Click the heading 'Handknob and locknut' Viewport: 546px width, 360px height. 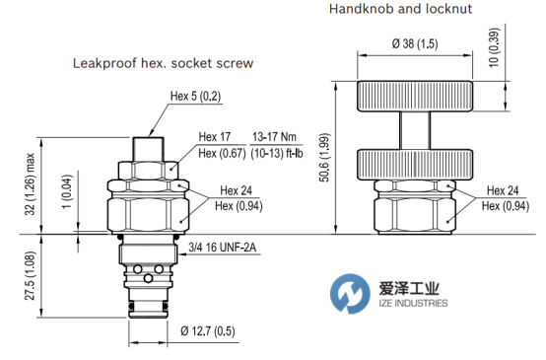coord(400,8)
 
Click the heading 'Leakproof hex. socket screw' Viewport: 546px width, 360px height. coord(163,63)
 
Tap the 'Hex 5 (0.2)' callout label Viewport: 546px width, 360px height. coord(195,97)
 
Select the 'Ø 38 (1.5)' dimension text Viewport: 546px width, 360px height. coord(415,43)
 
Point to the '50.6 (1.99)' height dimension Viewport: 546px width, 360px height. coord(324,157)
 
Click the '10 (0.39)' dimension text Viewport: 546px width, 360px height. coord(494,47)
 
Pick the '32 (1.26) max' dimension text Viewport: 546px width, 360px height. coord(30,184)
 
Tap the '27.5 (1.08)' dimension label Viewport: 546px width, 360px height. coord(30,275)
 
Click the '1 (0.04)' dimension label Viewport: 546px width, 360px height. coord(67,191)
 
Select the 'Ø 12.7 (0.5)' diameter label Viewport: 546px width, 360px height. coord(208,330)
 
